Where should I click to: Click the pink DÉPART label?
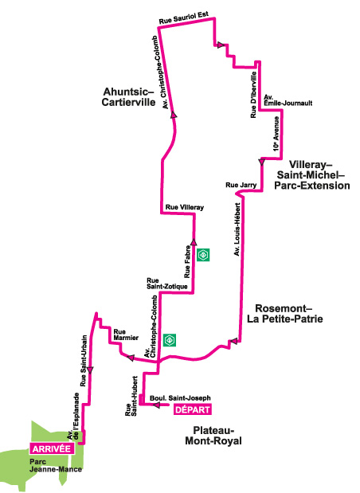pos(193,409)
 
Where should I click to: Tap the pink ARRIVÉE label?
pos(52,448)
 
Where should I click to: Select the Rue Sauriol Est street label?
pos(184,18)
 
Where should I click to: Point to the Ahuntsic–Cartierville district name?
pos(128,97)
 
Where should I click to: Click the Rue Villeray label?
pos(185,207)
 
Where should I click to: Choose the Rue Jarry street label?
pos(241,186)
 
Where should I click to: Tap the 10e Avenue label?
pos(276,134)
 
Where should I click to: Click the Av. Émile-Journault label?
pos(288,100)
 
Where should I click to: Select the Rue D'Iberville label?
pos(253,95)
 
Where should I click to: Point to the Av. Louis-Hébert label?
pos(237,229)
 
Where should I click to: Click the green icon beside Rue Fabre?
pos(203,255)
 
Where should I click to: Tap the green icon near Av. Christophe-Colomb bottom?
pos(170,340)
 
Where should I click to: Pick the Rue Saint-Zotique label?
pos(167,284)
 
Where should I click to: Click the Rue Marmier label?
pos(126,335)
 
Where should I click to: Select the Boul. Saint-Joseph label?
pos(180,398)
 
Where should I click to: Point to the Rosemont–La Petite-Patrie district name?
pos(285,314)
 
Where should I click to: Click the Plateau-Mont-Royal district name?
pos(213,436)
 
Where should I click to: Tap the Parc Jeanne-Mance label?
pos(56,466)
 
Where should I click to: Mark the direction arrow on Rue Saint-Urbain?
pos(90,370)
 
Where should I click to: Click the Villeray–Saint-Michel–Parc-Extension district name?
pos(312,174)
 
